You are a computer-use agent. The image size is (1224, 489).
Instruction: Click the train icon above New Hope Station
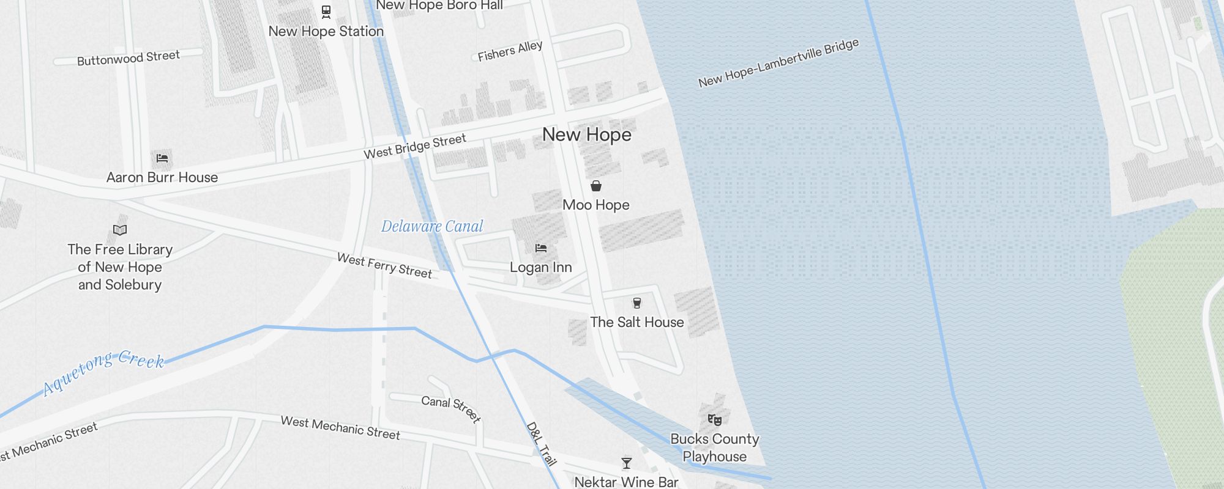pos(326,12)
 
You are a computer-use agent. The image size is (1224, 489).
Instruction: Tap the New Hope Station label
pos(326,31)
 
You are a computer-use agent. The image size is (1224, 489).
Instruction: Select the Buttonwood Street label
pos(129,58)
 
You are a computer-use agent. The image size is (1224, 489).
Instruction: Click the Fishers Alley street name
pos(510,51)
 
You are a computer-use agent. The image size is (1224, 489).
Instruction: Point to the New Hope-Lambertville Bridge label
pos(778,64)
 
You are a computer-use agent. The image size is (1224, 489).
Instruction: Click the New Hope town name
pos(586,134)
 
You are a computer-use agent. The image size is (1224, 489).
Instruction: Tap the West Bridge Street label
pos(415,147)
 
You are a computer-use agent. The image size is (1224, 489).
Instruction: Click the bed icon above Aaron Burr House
pos(162,158)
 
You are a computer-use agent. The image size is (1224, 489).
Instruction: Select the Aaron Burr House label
pos(162,177)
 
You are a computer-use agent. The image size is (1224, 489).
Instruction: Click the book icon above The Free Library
pos(120,230)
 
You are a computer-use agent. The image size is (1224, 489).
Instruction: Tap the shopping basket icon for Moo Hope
pos(596,186)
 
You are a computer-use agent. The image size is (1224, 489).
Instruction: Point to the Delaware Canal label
pos(432,226)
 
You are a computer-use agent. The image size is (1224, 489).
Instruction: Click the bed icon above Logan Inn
pos(541,248)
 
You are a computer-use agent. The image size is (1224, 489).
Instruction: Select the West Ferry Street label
pos(384,266)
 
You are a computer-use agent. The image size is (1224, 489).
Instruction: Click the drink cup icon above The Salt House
pos(637,303)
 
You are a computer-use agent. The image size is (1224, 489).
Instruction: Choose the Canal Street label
pos(452,408)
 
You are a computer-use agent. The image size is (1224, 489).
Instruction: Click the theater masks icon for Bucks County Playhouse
pos(715,419)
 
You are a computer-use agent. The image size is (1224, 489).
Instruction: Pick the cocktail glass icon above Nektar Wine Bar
pos(627,463)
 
